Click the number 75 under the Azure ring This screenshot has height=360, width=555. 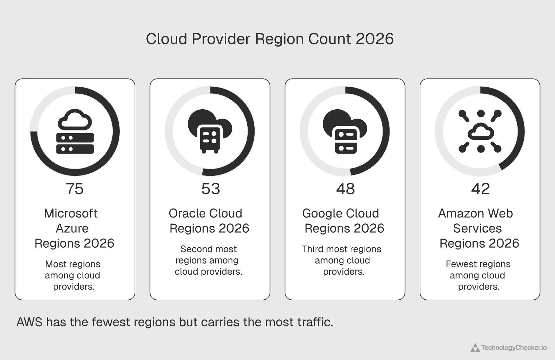tap(75, 189)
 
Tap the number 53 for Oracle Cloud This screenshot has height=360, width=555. tap(211, 189)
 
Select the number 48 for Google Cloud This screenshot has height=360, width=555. tap(345, 189)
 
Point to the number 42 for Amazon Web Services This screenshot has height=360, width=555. tap(480, 189)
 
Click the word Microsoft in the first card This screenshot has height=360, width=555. tap(71, 213)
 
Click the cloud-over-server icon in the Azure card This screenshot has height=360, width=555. tap(75, 132)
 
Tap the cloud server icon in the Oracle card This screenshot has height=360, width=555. tap(210, 132)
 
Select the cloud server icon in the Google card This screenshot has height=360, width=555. tap(345, 132)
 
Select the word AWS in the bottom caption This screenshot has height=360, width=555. tap(29, 322)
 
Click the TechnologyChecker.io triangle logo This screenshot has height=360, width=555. tap(475, 348)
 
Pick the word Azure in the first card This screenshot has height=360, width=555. tap(72, 228)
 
